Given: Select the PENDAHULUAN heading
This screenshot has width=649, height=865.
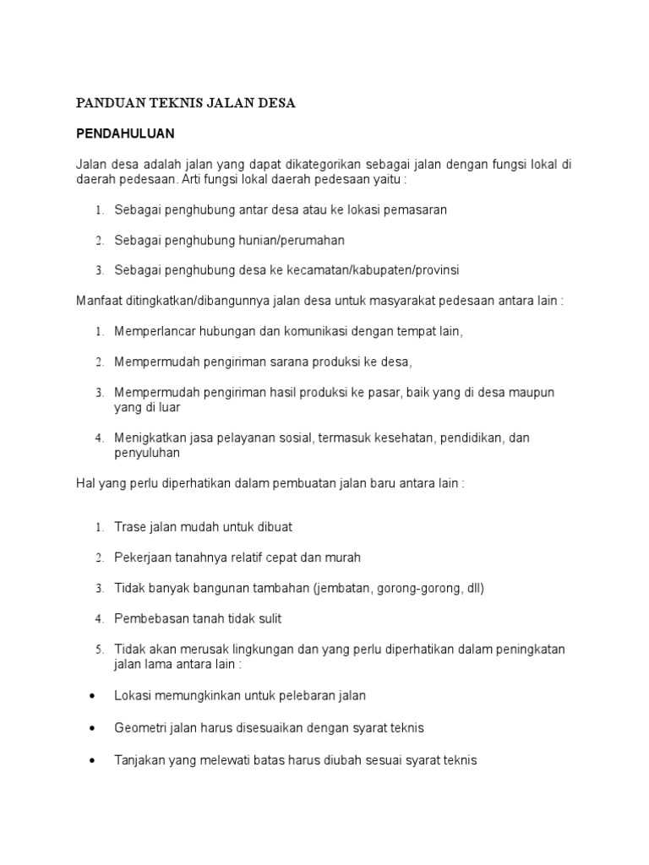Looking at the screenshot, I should tap(125, 133).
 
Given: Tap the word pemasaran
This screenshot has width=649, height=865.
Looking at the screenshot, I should tap(417, 209).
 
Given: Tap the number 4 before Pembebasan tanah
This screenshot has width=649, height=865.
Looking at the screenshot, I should tap(99, 619).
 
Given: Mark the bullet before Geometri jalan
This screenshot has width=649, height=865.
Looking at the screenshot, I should tap(91, 727).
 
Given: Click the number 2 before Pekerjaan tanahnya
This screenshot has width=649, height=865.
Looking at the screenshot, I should tap(99, 558).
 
